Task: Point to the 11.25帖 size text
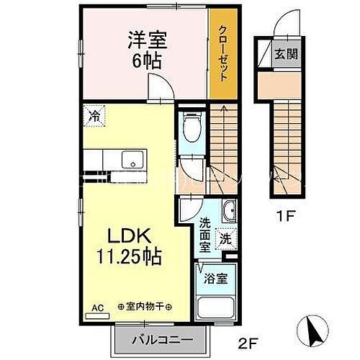tap(129, 256)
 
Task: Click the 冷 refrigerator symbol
tap(94, 114)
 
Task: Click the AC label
tap(97, 307)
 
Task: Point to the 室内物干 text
tap(142, 307)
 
